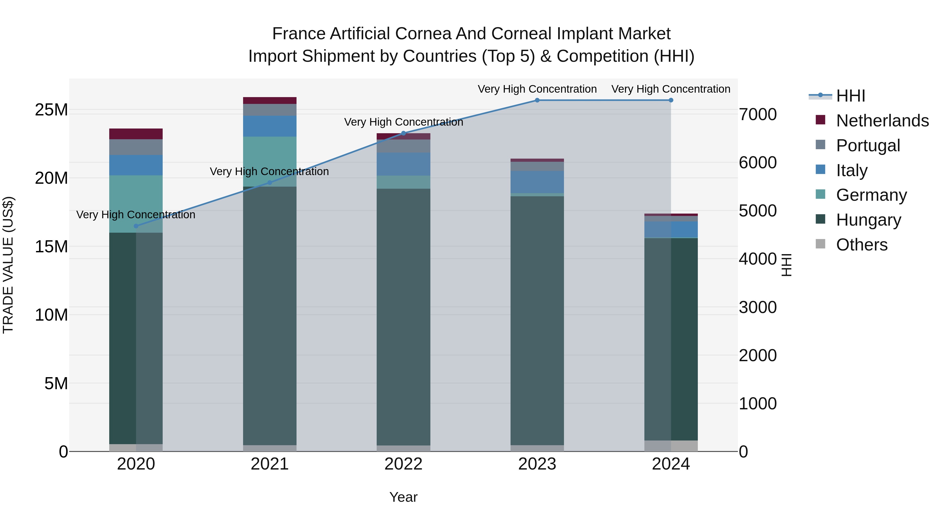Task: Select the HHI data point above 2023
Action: [537, 100]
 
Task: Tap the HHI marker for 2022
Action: [403, 133]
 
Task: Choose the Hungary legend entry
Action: [868, 220]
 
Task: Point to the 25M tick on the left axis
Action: [51, 110]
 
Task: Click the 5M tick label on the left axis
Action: [56, 383]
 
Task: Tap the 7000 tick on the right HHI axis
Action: [757, 114]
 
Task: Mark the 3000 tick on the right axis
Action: [757, 307]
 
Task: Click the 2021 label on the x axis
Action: [270, 464]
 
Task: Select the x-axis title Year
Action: [403, 497]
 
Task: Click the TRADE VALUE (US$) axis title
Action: [8, 265]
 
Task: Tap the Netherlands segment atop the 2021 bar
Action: [270, 101]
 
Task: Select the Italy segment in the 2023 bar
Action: [537, 182]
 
